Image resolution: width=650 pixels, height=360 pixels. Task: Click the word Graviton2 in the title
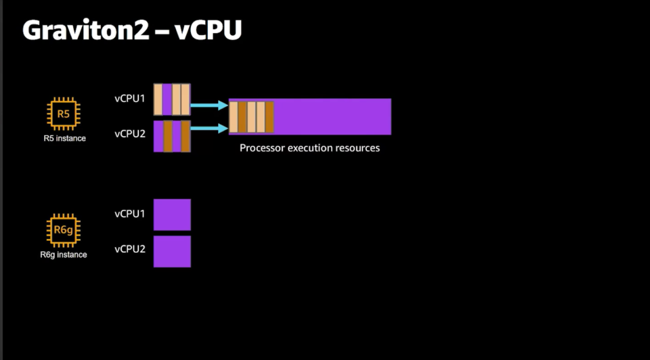(85, 30)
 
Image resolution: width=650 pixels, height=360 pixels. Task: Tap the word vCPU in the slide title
(208, 30)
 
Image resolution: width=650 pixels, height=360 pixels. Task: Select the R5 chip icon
(64, 114)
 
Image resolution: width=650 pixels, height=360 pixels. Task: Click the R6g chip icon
(64, 230)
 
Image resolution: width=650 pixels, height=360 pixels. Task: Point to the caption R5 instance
(65, 138)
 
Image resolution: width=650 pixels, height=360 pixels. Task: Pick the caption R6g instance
(64, 255)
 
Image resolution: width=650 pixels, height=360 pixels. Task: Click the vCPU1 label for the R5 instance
(130, 99)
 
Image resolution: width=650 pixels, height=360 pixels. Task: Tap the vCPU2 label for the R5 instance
(130, 134)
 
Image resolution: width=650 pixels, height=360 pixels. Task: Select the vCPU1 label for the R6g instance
(130, 214)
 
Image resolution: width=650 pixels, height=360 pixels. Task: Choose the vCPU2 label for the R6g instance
(130, 249)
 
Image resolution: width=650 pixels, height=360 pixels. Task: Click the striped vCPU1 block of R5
(172, 99)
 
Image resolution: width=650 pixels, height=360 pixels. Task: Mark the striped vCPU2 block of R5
(172, 136)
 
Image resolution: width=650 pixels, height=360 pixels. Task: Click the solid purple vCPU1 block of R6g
(172, 215)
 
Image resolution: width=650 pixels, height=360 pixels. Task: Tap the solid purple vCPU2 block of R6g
(172, 252)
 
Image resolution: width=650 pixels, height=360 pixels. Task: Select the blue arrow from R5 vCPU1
(209, 105)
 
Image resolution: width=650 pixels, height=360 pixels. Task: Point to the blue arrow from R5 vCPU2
(209, 129)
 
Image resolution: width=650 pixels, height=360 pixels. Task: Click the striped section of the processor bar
(251, 117)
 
